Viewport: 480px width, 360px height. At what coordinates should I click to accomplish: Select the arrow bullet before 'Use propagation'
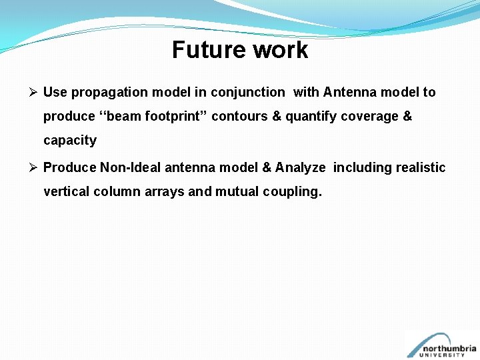point(35,92)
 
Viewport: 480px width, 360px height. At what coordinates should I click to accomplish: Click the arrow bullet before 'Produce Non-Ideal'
point(35,167)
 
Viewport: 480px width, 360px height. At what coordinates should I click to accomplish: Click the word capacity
point(70,141)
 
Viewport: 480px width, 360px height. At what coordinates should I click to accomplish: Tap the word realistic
point(421,167)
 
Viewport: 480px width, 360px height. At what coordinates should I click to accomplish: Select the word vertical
point(67,192)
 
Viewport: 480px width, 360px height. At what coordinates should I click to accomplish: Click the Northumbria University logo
point(441,345)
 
